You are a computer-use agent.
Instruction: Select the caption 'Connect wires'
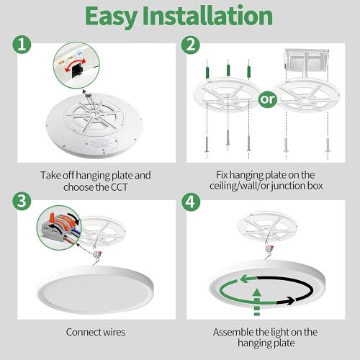click(x=96, y=333)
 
